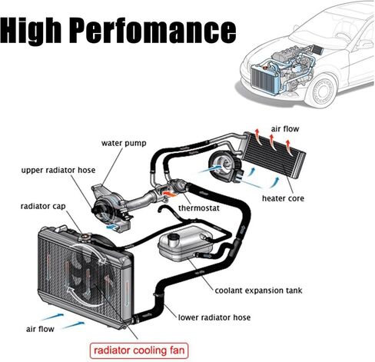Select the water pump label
[x=124, y=144]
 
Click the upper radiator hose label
[x=58, y=170]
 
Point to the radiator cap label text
[x=43, y=206]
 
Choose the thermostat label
[x=199, y=208]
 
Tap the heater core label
[x=283, y=198]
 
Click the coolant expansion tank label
[x=258, y=291]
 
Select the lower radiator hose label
[x=214, y=317]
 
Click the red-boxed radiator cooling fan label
[x=139, y=350]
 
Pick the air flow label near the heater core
[x=285, y=129]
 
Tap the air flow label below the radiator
[x=40, y=329]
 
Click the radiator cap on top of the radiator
[x=85, y=237]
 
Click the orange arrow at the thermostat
[x=169, y=194]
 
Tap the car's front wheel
[x=323, y=91]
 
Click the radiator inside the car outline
[x=264, y=79]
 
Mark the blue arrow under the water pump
[x=113, y=227]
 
